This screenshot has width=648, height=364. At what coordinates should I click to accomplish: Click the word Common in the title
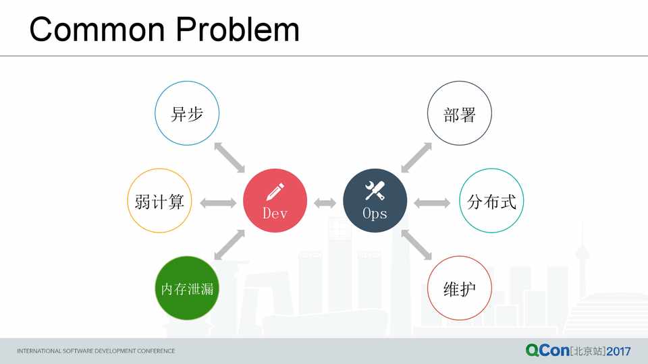point(97,29)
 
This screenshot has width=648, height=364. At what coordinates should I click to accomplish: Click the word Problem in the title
point(238,29)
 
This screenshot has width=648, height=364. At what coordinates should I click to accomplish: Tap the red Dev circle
point(275,201)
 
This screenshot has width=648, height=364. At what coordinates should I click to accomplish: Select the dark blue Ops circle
point(375,201)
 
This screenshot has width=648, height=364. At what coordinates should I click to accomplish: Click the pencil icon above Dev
point(275,191)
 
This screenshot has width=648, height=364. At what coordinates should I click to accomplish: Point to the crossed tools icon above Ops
point(375,191)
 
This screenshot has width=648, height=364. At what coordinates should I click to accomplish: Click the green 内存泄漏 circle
point(187,288)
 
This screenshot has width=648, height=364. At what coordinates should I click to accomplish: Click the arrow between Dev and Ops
point(325,203)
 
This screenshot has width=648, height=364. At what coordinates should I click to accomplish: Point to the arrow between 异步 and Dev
point(230,157)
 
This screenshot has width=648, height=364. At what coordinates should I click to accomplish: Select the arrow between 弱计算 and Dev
point(218,203)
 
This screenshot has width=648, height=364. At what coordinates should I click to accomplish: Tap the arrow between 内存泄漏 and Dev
point(230,245)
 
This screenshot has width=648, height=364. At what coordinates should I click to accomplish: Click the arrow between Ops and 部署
point(416,157)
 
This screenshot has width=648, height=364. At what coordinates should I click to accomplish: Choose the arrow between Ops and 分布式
point(432,203)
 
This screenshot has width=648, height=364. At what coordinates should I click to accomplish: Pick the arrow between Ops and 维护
point(416,245)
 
